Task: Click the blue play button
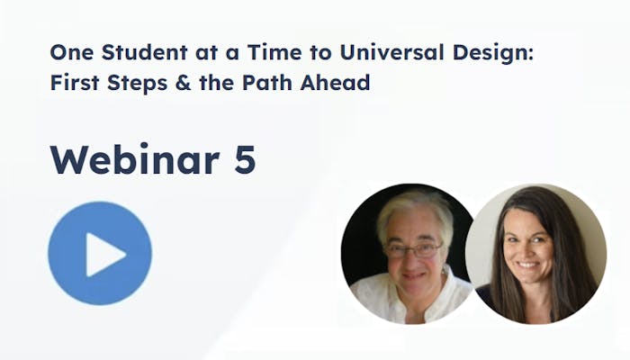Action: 100,254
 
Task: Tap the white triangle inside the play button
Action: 104,255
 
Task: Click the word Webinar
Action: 135,158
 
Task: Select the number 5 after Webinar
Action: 245,159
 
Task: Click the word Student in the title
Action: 144,52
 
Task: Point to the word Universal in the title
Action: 391,52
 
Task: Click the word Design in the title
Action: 493,53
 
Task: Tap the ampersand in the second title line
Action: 183,83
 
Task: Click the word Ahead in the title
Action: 335,83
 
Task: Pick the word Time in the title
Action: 274,52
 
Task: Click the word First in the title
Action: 75,83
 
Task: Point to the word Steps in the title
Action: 137,83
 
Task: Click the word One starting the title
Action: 71,52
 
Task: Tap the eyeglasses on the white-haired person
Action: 413,250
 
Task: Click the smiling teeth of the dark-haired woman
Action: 527,265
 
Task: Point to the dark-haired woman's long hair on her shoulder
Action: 571,281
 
